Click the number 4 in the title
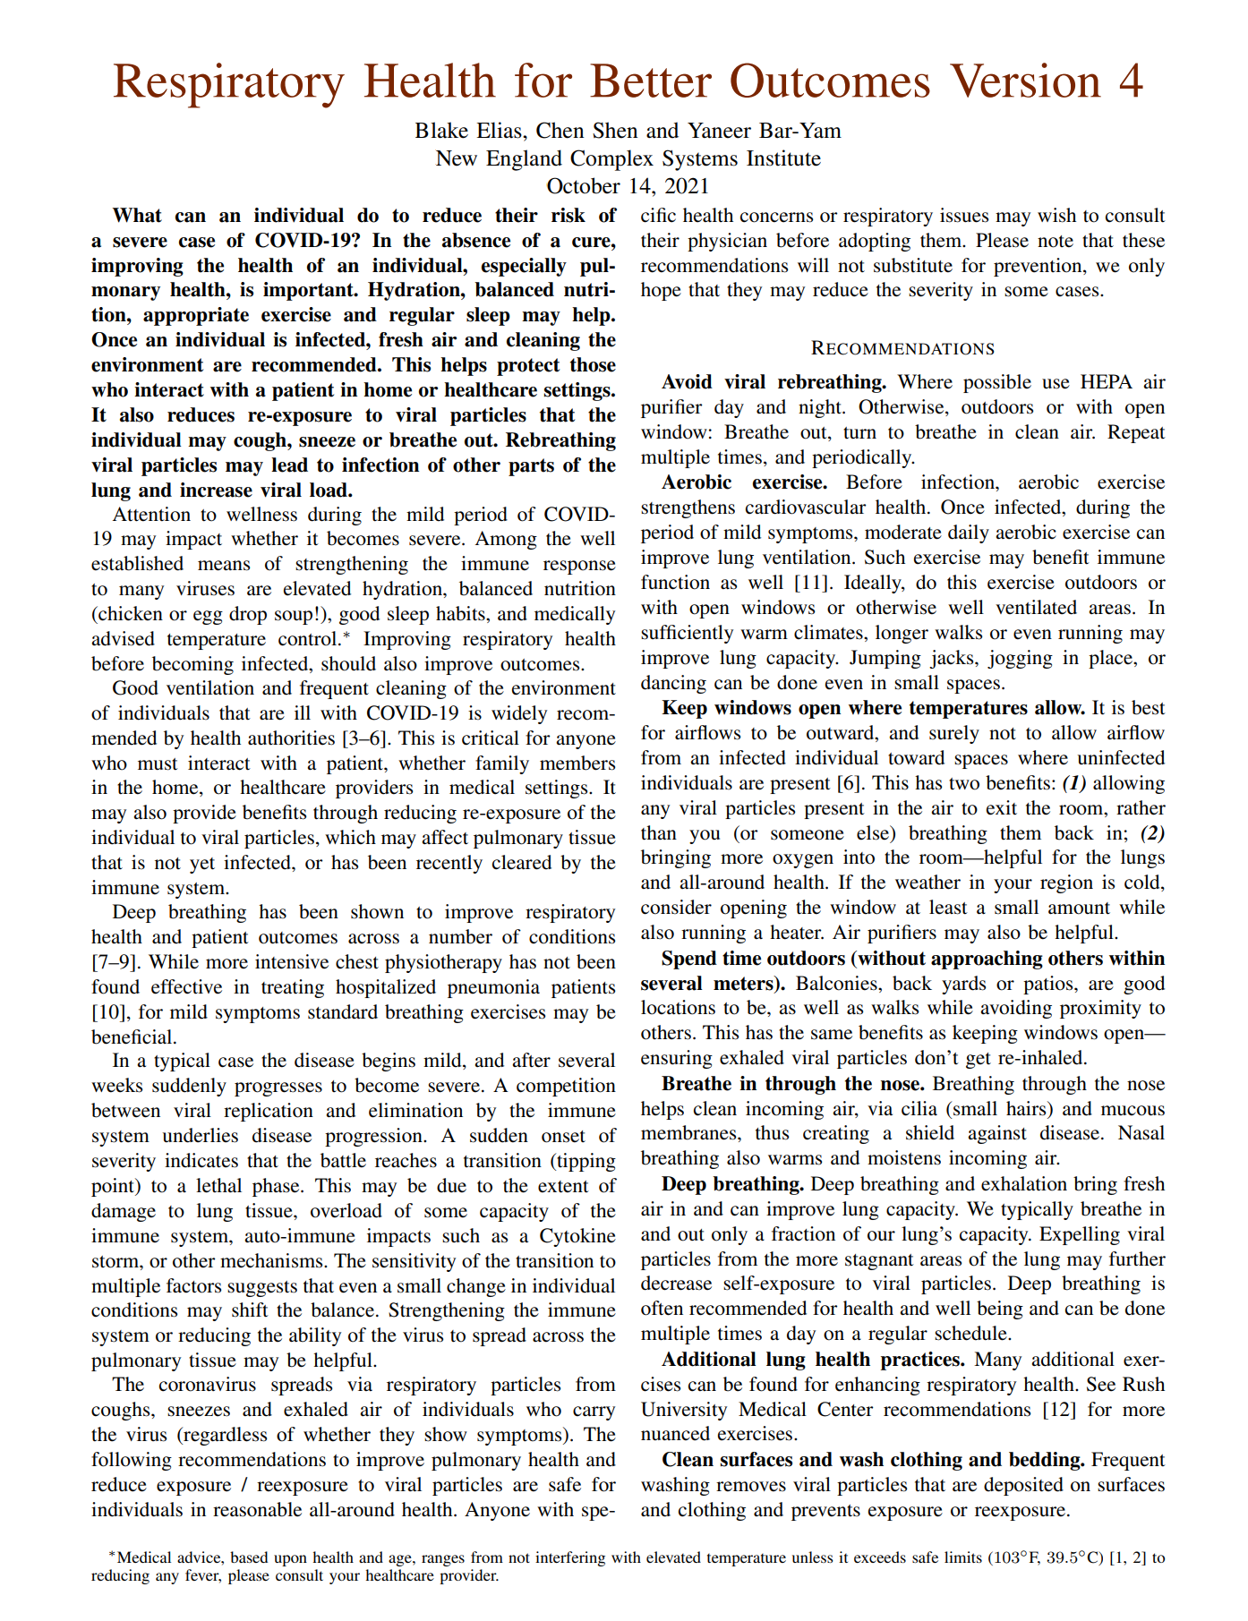click(1131, 82)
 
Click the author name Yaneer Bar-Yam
click(764, 131)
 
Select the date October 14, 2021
click(628, 186)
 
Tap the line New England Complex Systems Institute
click(628, 158)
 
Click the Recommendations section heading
click(902, 348)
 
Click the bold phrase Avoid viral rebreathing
click(774, 382)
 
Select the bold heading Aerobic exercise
click(745, 482)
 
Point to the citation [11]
click(810, 583)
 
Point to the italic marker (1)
click(1074, 783)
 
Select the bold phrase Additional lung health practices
click(813, 1360)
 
